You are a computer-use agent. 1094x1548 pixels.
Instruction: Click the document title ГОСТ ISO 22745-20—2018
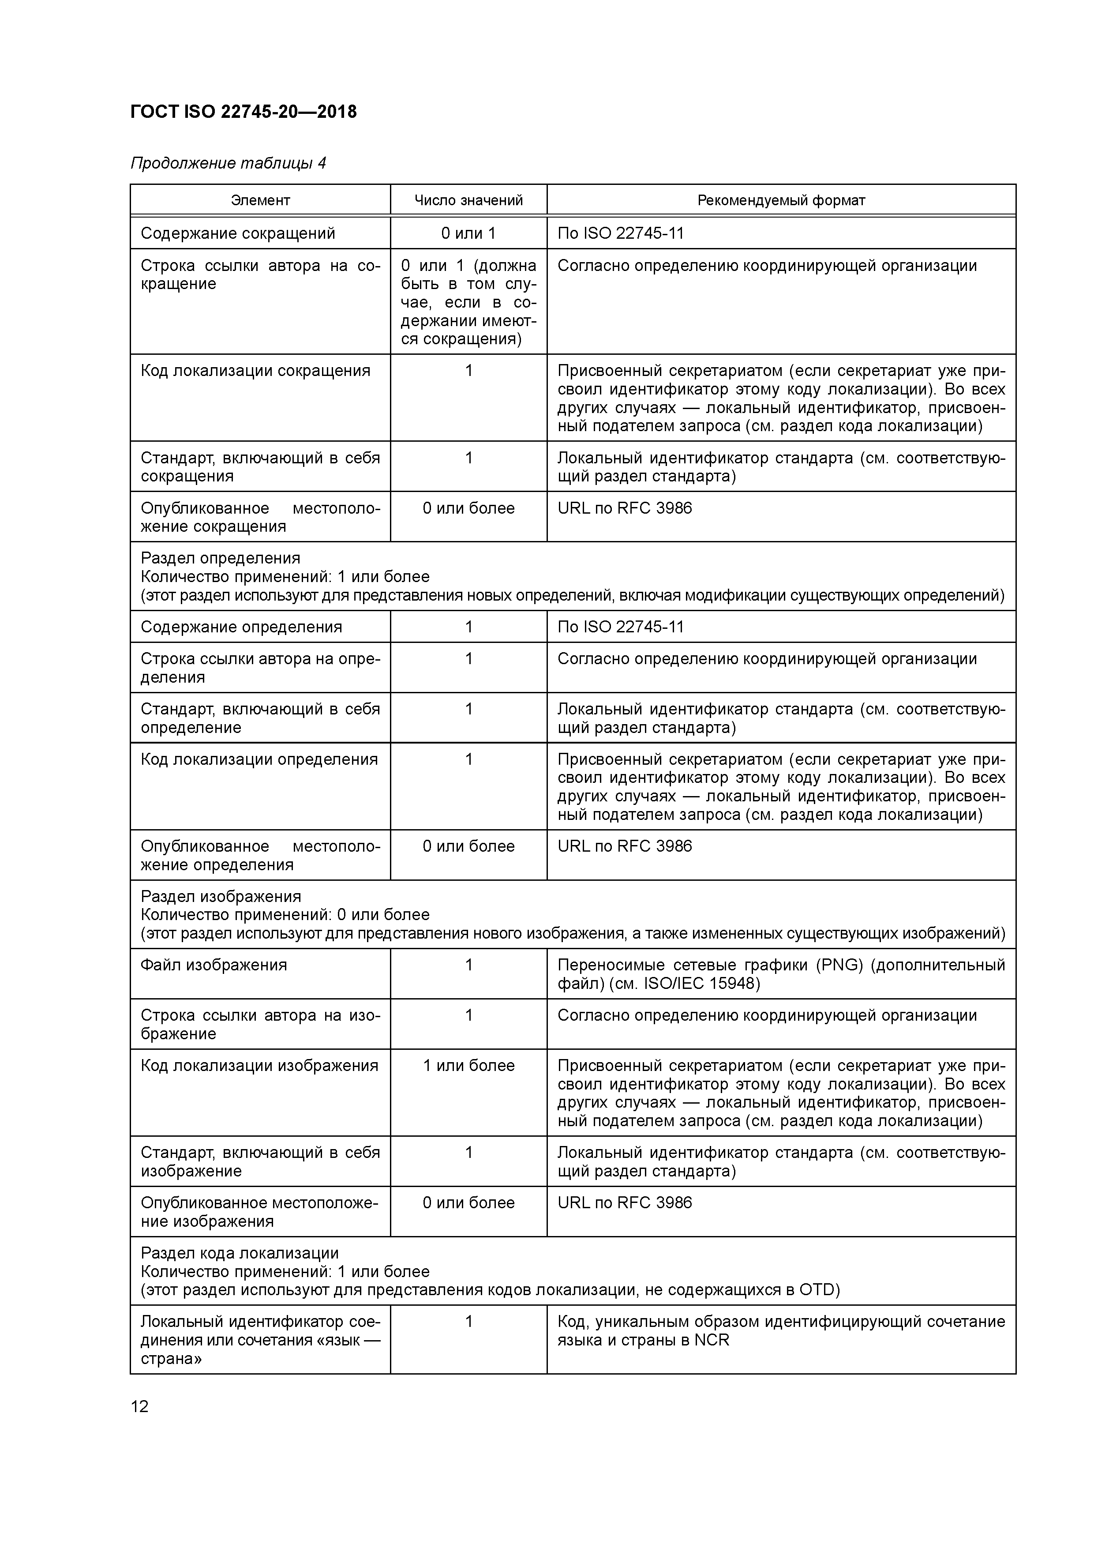pyautogui.click(x=244, y=112)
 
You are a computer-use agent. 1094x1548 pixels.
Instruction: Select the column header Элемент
pyautogui.click(x=260, y=200)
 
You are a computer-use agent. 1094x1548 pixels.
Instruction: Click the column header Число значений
pyautogui.click(x=468, y=200)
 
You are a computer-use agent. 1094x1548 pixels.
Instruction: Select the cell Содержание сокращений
pyautogui.click(x=238, y=233)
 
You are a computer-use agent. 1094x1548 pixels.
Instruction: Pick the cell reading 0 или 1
pyautogui.click(x=468, y=233)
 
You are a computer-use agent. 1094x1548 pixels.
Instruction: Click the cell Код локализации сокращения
pyautogui.click(x=255, y=371)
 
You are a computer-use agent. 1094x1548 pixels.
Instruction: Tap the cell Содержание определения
pyautogui.click(x=241, y=627)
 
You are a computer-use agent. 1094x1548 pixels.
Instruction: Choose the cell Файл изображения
pyautogui.click(x=214, y=965)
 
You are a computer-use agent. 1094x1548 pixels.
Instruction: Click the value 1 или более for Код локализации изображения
pyautogui.click(x=468, y=1065)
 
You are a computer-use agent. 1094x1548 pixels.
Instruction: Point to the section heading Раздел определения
pyautogui.click(x=221, y=558)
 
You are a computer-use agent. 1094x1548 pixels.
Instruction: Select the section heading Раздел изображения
pyautogui.click(x=221, y=896)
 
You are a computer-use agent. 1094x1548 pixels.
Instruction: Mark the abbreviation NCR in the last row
pyautogui.click(x=712, y=1340)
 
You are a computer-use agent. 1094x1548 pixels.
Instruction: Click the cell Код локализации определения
pyautogui.click(x=259, y=759)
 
